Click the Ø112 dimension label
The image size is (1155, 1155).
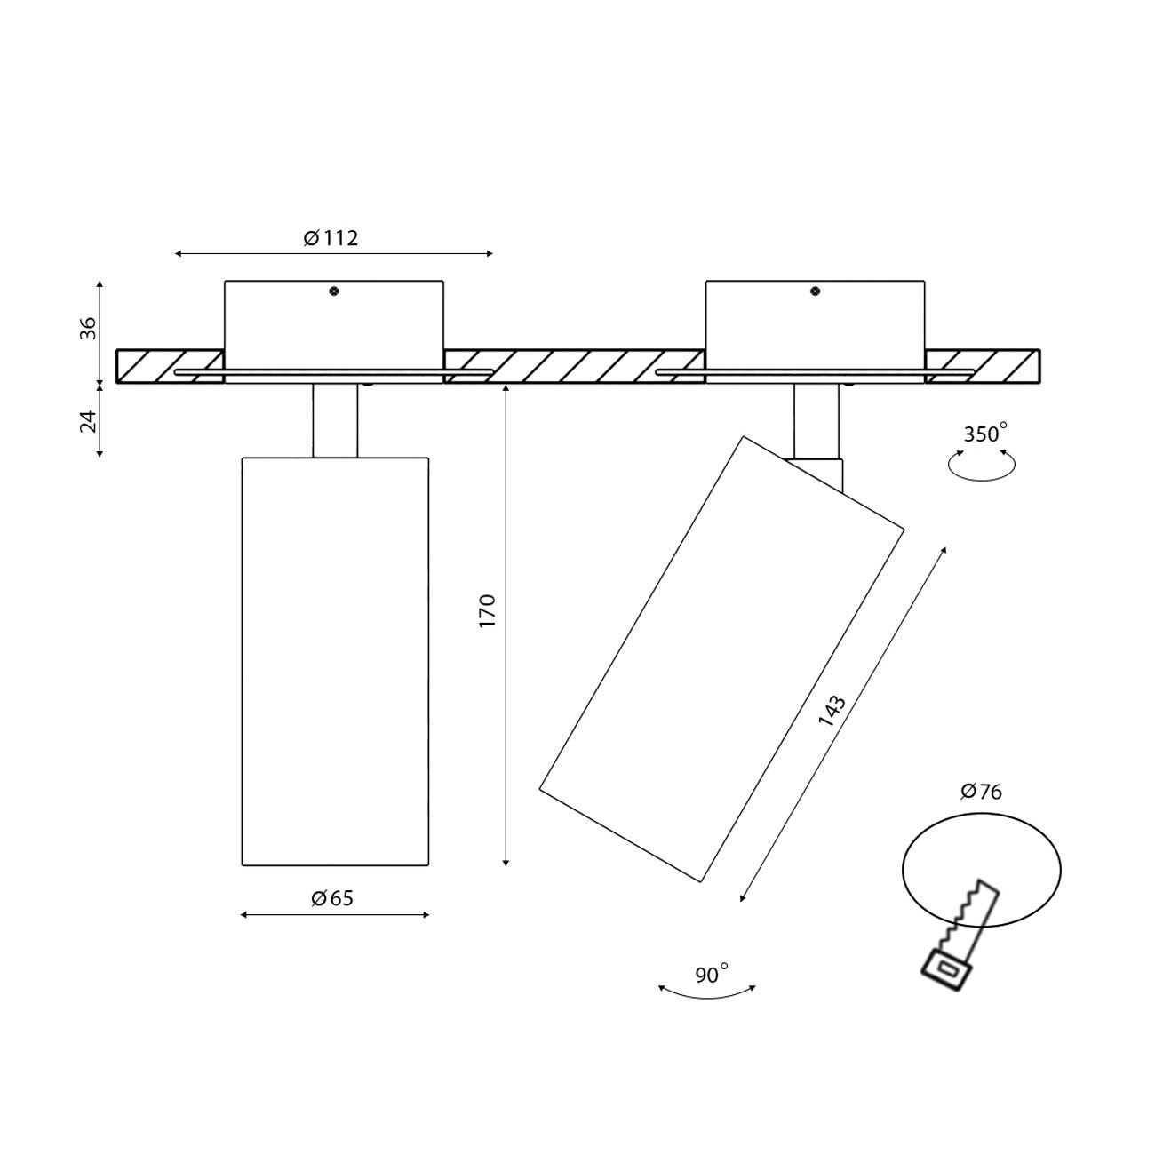[x=331, y=239]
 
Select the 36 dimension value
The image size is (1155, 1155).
[x=88, y=328]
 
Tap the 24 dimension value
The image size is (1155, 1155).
[x=88, y=421]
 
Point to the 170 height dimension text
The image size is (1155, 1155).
[x=488, y=610]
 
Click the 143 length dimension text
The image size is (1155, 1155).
[x=832, y=712]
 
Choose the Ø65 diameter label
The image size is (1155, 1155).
[x=332, y=898]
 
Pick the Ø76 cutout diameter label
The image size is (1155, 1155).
[x=981, y=792]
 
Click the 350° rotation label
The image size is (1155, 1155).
[x=984, y=433]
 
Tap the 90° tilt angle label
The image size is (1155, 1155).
[x=712, y=976]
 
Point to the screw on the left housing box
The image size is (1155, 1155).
[x=334, y=291]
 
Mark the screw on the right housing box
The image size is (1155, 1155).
[x=815, y=291]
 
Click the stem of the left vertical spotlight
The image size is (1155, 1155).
[x=334, y=420]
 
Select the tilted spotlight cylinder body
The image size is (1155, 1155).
[x=721, y=658]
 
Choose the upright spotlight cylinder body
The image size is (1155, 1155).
[x=335, y=662]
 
